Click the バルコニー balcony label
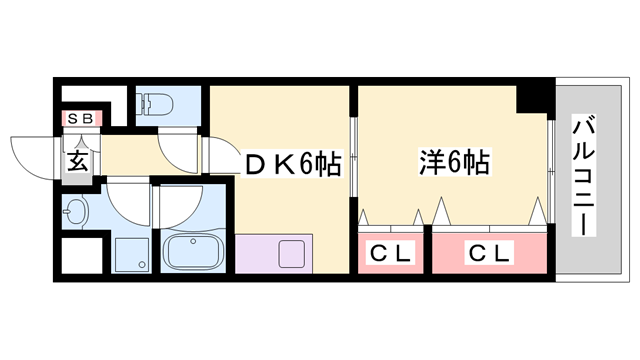coord(583,178)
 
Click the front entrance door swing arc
coord(38,155)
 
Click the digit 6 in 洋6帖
coord(454,160)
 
